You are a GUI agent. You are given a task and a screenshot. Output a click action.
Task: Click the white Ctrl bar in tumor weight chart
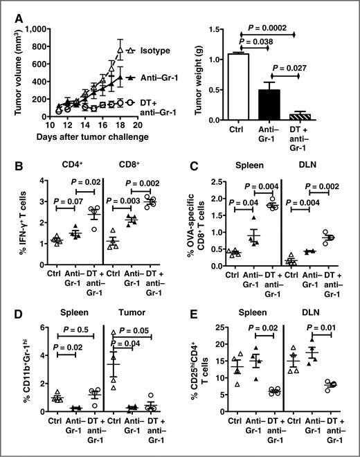(x=239, y=86)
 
